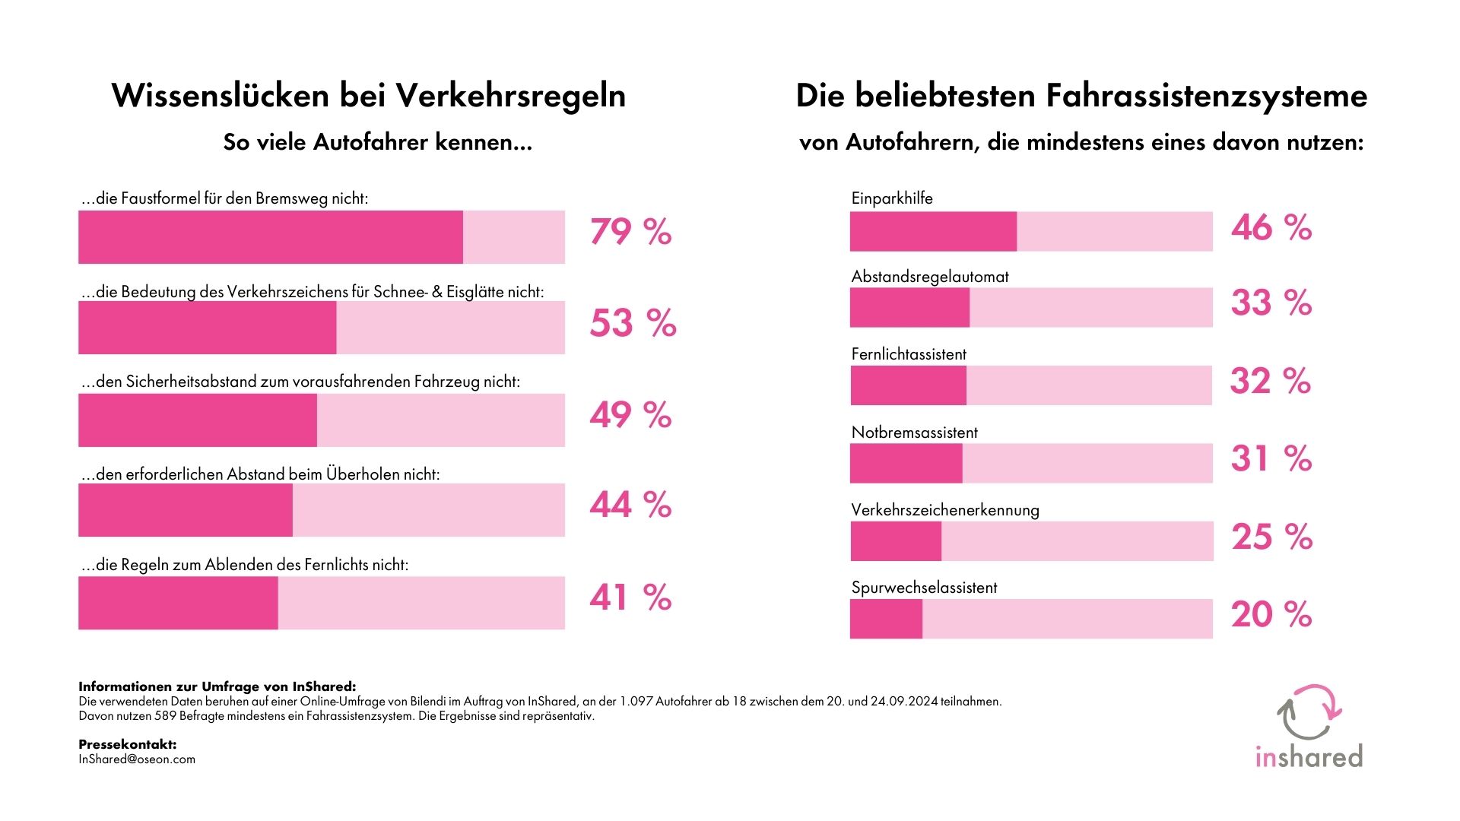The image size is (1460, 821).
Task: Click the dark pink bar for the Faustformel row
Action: (270, 237)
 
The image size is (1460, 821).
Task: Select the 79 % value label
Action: (630, 232)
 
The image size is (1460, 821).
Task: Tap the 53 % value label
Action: (633, 323)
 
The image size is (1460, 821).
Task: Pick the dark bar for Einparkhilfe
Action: (933, 231)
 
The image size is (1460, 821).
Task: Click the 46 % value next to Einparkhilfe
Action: (1271, 227)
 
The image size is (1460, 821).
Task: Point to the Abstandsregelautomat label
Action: (930, 277)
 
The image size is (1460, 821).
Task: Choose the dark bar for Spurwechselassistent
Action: (886, 619)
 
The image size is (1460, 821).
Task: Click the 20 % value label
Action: (1271, 614)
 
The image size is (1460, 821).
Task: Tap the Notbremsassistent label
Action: (914, 433)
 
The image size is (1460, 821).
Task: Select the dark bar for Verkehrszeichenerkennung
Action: (896, 541)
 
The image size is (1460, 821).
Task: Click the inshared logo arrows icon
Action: (1309, 712)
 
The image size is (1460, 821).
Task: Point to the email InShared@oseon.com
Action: (137, 759)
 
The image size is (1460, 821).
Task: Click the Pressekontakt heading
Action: (127, 744)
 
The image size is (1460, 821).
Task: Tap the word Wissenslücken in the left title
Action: (220, 96)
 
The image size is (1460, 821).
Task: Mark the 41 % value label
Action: (630, 598)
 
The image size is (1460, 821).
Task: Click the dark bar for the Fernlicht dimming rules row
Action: (178, 603)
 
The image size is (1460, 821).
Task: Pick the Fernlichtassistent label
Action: (909, 354)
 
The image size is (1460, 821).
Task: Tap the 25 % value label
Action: (1272, 537)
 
